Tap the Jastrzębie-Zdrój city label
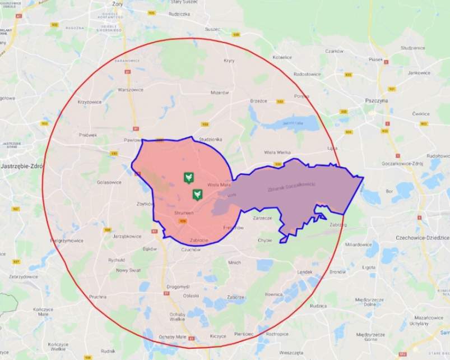click(x=20, y=167)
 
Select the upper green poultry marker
click(x=189, y=178)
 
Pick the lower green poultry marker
click(x=197, y=195)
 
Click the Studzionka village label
click(x=211, y=139)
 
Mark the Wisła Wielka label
click(x=277, y=152)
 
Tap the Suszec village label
click(x=212, y=29)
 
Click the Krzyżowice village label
click(x=90, y=102)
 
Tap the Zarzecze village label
click(x=262, y=218)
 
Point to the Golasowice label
click(x=109, y=182)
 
